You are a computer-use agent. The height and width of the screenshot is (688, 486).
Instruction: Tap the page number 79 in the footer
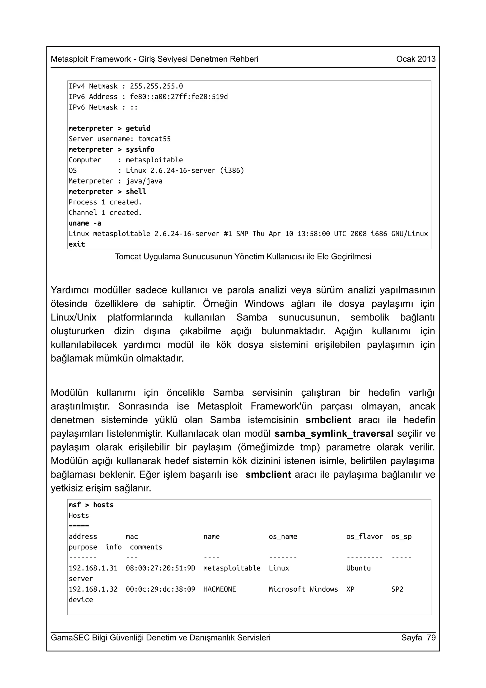tap(431, 637)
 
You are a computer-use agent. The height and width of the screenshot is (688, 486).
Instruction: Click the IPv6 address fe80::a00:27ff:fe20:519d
tap(178, 97)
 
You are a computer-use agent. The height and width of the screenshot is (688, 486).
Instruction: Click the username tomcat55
tap(154, 139)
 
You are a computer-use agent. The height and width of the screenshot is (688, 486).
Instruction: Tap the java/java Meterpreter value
tap(144, 181)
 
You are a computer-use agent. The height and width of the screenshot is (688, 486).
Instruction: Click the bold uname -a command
tap(85, 223)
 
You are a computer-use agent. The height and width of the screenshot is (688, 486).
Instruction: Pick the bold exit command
tap(77, 244)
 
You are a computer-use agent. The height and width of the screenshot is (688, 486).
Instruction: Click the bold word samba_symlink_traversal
tap(334, 434)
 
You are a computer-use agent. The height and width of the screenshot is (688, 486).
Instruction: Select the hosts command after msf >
tap(103, 505)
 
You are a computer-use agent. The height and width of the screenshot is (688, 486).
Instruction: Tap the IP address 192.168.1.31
tap(93, 568)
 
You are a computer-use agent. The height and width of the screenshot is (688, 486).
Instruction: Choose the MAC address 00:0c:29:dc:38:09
tap(160, 589)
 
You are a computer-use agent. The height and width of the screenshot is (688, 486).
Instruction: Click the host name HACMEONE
tap(220, 589)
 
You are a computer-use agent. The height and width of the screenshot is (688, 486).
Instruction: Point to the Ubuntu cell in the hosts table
tap(358, 568)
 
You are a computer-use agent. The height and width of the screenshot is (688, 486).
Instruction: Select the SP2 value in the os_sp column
tap(397, 589)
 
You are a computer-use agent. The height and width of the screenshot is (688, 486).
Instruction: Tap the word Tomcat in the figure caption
tap(128, 257)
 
